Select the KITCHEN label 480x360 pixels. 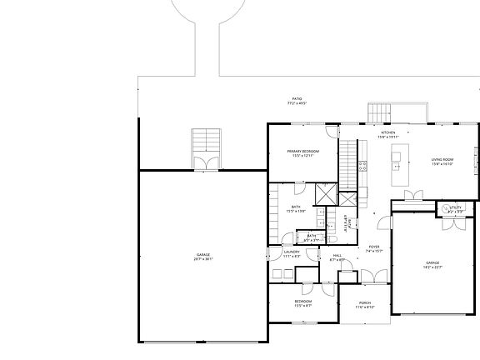(x=388, y=132)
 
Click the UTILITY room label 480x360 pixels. (x=455, y=207)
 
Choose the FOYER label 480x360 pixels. (x=374, y=247)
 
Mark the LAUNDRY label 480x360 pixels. (x=292, y=251)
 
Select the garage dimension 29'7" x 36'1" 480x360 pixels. (x=204, y=258)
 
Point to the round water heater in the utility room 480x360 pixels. (x=444, y=207)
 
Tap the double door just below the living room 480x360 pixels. (x=412, y=196)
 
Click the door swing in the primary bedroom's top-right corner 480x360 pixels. (x=332, y=132)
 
